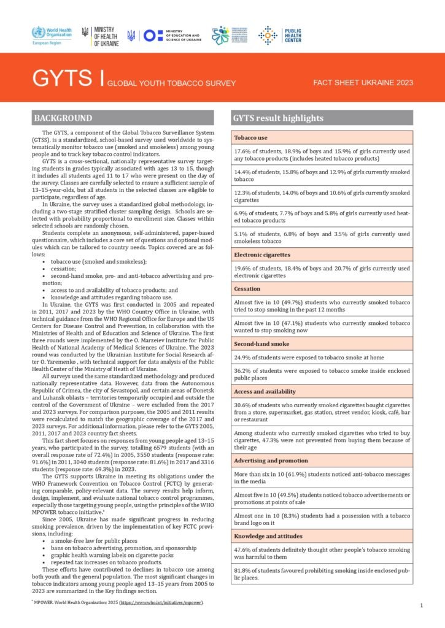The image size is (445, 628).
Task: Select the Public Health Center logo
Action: (279, 35)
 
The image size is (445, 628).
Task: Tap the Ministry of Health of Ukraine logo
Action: (98, 35)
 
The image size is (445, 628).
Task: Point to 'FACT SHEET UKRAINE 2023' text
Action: (363, 83)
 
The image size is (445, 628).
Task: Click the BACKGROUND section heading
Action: (63, 118)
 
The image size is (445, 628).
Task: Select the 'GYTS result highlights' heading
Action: (277, 118)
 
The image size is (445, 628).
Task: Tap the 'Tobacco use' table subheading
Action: (250, 138)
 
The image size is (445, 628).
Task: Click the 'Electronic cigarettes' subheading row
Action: (263, 254)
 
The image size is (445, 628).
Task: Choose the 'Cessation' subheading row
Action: (247, 288)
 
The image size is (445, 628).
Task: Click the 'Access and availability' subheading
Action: (265, 391)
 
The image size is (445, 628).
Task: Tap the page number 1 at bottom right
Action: (422, 606)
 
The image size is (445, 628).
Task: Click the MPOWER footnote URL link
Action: (163, 603)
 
